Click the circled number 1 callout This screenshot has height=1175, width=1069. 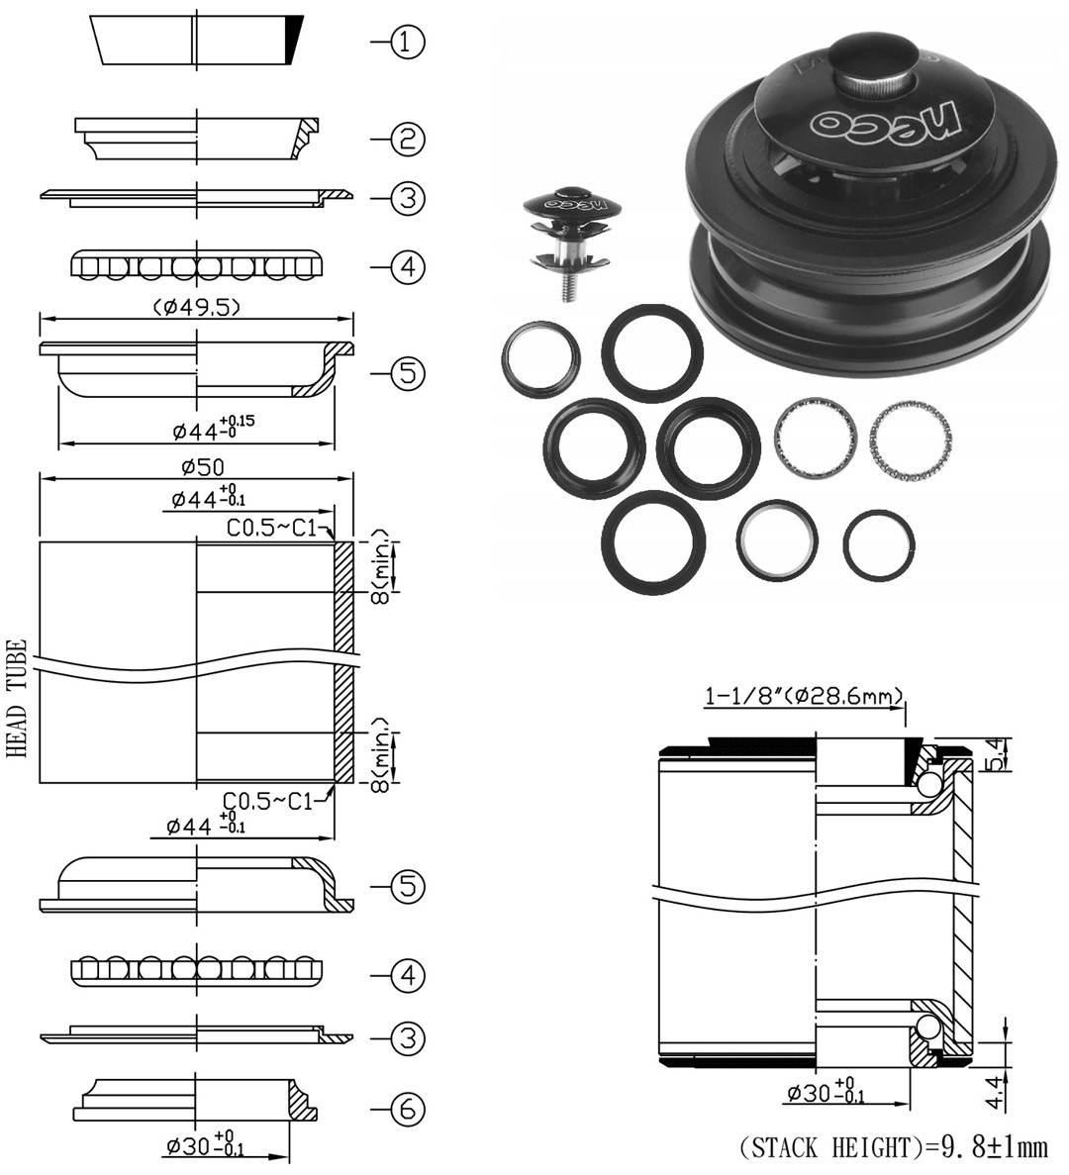pos(407,42)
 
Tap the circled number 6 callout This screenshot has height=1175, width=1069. pos(407,1111)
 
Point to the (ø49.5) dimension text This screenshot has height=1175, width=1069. pos(197,307)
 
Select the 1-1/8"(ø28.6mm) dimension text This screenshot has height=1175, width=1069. pos(804,697)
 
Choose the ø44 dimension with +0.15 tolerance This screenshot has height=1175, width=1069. pos(214,429)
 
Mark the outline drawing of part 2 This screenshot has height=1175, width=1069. pos(198,139)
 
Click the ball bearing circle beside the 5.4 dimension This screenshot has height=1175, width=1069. pos(929,785)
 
